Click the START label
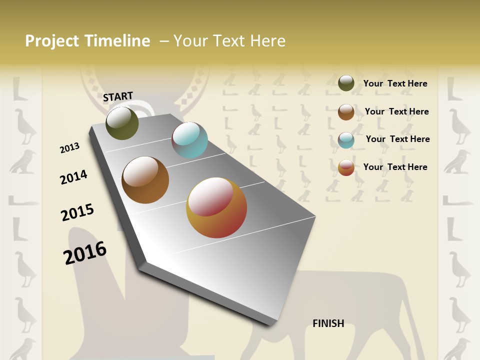click(118, 96)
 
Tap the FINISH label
click(328, 323)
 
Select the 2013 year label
click(69, 148)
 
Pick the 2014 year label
click(73, 177)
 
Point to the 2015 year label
click(77, 212)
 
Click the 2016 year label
click(85, 252)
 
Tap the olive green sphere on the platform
click(122, 123)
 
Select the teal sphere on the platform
click(189, 140)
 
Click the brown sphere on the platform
click(145, 180)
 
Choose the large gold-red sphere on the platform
click(216, 207)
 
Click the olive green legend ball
click(346, 83)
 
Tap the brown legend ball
click(346, 112)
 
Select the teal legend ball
click(346, 140)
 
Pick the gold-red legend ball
click(346, 167)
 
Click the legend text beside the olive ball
click(395, 83)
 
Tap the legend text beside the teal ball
click(397, 139)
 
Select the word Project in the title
click(52, 41)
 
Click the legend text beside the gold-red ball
click(395, 167)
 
